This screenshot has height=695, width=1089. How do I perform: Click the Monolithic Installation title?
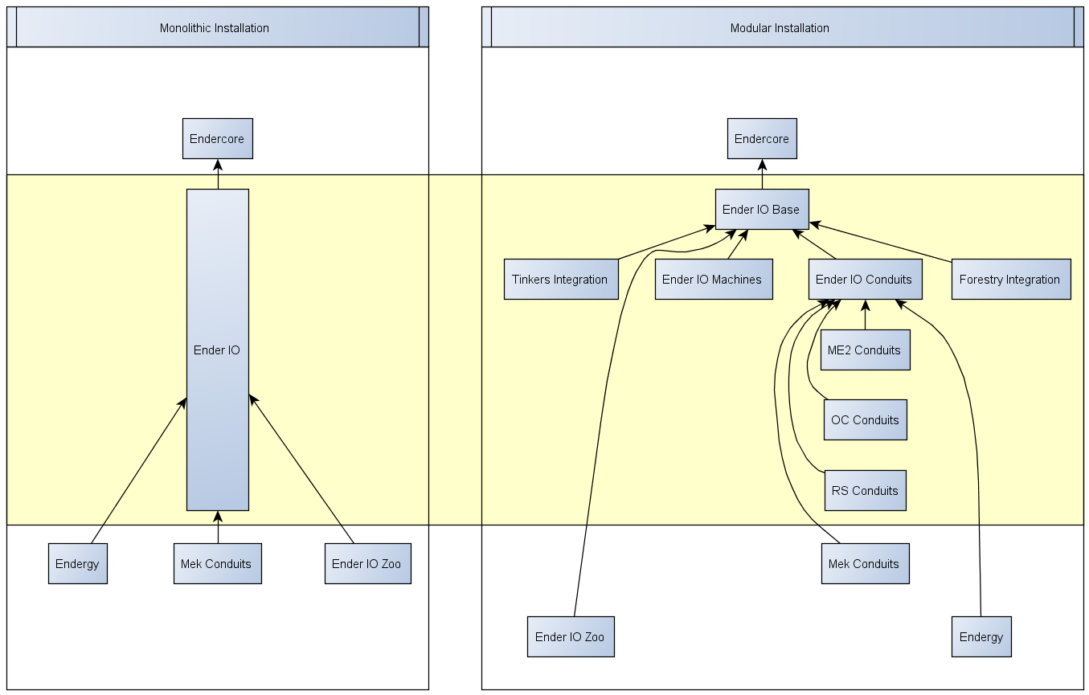[x=215, y=28]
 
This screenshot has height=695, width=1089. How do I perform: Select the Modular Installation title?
[x=780, y=28]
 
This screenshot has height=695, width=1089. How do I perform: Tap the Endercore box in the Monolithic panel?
[x=217, y=139]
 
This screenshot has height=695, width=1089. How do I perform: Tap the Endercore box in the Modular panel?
[x=762, y=139]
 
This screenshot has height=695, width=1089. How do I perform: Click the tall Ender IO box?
[x=217, y=350]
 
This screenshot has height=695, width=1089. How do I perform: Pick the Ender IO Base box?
[x=761, y=210]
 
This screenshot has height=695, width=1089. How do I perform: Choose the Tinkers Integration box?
[x=560, y=280]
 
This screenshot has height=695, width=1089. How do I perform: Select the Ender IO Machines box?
[x=713, y=280]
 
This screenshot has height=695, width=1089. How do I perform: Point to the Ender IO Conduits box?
[x=864, y=280]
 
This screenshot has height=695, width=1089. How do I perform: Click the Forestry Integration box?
[x=1010, y=280]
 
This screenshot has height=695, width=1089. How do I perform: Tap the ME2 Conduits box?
[x=865, y=350]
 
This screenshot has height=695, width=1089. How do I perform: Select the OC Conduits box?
[x=865, y=420]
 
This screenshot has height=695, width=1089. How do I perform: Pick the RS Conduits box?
[x=865, y=491]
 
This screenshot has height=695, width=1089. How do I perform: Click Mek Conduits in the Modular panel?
[x=865, y=564]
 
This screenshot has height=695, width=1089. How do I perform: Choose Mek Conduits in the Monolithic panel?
[x=217, y=564]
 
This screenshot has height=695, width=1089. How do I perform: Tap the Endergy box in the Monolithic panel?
[x=77, y=564]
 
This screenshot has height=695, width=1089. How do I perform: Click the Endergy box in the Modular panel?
[x=981, y=637]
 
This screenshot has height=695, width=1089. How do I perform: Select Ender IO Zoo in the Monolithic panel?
[x=367, y=564]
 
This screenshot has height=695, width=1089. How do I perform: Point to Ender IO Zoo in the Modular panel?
[x=570, y=637]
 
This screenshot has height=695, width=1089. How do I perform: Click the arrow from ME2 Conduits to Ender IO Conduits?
[x=866, y=316]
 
